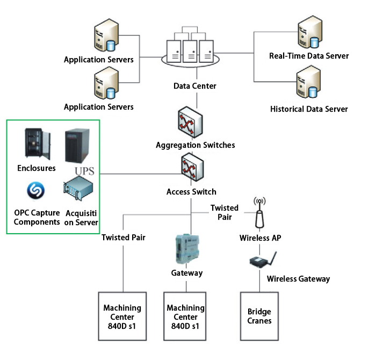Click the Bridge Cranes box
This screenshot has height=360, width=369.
[x=259, y=316]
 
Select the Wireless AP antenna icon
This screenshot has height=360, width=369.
[x=259, y=213]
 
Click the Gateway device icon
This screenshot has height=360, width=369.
[x=186, y=249]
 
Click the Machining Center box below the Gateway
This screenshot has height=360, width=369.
[x=185, y=316]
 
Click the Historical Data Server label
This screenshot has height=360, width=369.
[x=309, y=109]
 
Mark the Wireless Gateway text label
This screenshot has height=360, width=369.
[x=298, y=279]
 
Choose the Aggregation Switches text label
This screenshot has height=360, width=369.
[x=195, y=145]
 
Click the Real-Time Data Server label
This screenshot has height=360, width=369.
[x=309, y=56]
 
